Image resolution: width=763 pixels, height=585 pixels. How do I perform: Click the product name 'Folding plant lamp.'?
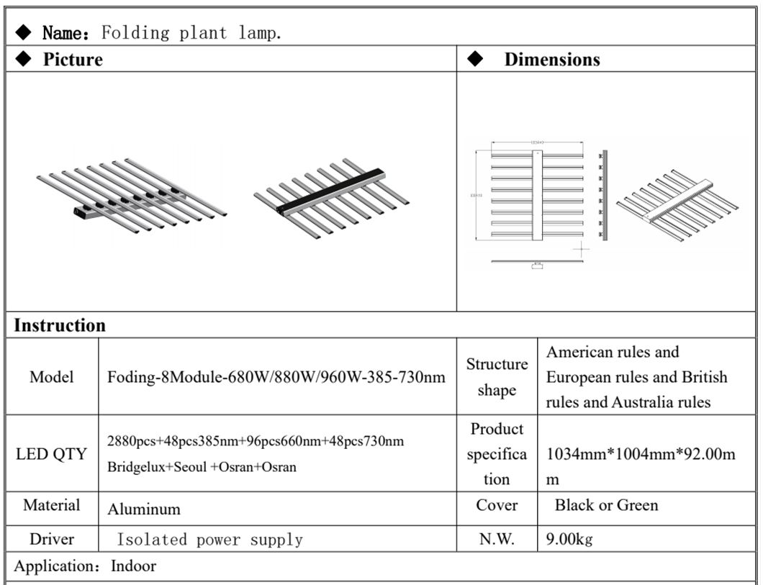tap(191, 33)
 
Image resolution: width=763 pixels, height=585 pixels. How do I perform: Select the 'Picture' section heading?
tap(73, 60)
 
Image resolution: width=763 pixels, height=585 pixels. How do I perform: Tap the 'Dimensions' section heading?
tap(551, 60)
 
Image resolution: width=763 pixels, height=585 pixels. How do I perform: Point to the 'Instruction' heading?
tap(60, 325)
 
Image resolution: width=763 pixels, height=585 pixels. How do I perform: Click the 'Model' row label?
tap(52, 377)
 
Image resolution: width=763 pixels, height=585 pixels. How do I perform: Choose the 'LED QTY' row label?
tap(51, 454)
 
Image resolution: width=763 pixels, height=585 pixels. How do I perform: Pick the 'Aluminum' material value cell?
tap(144, 509)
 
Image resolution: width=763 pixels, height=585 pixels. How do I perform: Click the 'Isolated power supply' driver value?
tap(209, 540)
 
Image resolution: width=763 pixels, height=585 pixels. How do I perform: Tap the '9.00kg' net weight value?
tap(569, 539)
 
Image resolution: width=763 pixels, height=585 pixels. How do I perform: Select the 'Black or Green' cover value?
tap(606, 505)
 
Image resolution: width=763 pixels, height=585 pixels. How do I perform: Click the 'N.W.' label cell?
tap(497, 539)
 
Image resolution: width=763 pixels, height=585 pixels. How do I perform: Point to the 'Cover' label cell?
tap(497, 505)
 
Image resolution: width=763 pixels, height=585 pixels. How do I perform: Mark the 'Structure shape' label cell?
tap(497, 377)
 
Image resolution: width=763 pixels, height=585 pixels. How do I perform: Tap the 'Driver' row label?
tap(52, 539)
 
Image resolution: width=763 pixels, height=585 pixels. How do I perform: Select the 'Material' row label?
tap(52, 505)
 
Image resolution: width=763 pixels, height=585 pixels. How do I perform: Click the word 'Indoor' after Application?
tap(133, 566)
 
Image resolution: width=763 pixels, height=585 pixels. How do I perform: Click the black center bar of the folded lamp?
tap(331, 192)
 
